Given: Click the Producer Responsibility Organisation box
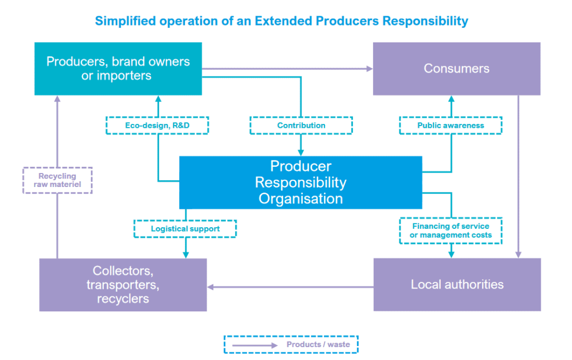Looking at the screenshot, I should point(301,183).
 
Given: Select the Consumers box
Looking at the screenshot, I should point(456,69).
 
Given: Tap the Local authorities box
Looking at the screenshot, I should point(457,285).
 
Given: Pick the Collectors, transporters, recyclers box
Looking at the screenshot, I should point(123,285).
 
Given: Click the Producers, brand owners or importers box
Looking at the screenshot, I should point(118,69).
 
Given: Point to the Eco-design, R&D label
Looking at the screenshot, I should point(157,126).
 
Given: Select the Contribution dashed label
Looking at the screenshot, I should point(301,126).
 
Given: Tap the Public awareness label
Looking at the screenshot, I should point(450,126).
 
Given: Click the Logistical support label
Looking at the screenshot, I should point(185,229).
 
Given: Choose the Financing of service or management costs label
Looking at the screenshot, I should point(450,231).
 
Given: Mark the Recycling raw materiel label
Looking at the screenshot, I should point(58,180).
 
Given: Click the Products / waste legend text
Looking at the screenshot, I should point(318,344).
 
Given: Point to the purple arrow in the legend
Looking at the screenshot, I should point(254,345).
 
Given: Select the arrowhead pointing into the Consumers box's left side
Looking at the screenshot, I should point(369,69).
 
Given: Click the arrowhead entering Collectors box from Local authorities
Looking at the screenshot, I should point(211,287).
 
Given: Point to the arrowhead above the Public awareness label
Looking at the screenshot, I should point(451,99).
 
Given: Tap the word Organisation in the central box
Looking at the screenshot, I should point(301,198).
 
